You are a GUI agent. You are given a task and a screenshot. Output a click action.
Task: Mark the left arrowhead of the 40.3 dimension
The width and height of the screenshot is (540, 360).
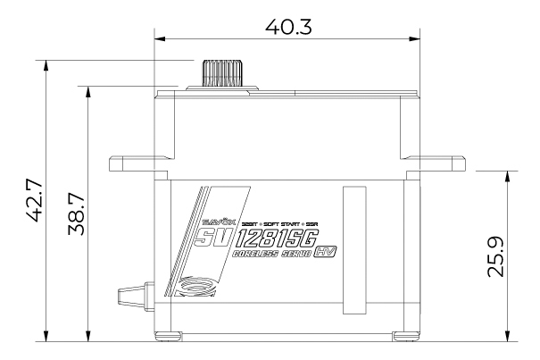click(x=158, y=38)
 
